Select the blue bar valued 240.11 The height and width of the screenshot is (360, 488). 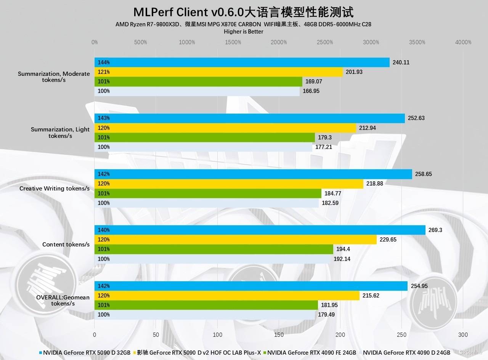tap(242, 62)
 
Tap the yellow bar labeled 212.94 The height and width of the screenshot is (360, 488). tap(225, 128)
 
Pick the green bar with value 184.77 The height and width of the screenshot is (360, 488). tap(208, 194)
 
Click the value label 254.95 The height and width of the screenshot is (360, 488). tap(419, 286)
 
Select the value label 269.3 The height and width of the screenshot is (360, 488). tap(435, 230)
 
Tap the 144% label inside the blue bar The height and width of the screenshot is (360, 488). tap(104, 62)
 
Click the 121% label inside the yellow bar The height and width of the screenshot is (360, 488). tap(104, 72)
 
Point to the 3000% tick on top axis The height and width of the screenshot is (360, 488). tap(371, 42)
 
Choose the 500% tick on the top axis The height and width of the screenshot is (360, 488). tap(141, 42)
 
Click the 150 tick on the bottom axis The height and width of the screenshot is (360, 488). tap(279, 335)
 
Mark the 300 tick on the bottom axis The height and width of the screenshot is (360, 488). tap(463, 335)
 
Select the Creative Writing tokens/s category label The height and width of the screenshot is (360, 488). tap(55, 189)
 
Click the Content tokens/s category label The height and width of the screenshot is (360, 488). tap(66, 244)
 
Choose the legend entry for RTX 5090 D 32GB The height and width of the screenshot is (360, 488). tap(87, 352)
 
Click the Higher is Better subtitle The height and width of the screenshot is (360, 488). tap(243, 32)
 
